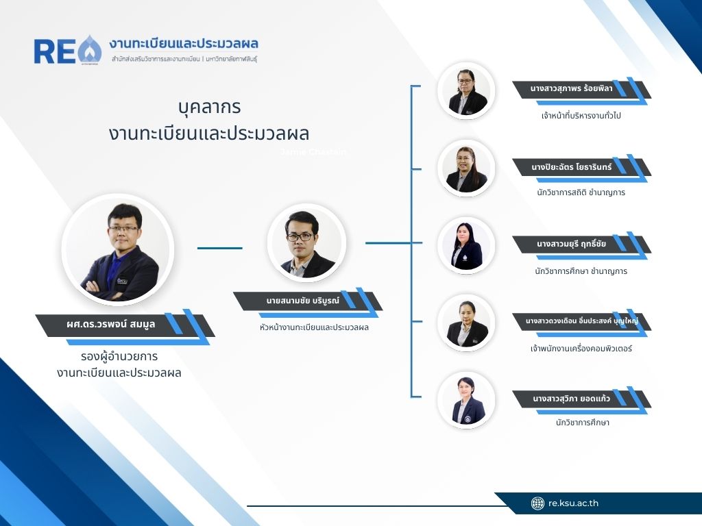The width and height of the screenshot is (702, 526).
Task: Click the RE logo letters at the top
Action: point(55,51)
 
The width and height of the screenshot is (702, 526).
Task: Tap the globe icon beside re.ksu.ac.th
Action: point(537,503)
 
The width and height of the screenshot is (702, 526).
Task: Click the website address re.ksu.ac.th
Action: point(573,503)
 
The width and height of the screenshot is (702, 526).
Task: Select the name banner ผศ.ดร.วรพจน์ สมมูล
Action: point(125,326)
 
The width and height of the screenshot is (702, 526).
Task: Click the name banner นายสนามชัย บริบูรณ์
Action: point(308,301)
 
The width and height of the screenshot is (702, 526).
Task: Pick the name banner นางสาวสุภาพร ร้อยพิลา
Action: point(581,90)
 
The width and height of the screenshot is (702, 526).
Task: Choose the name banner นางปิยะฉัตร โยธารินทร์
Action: point(581,168)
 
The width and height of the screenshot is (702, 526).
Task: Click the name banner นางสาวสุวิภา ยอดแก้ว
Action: point(581,399)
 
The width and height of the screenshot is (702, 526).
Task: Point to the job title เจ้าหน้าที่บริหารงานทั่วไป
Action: point(581,115)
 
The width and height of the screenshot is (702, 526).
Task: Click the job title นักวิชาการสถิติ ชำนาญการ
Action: point(581,192)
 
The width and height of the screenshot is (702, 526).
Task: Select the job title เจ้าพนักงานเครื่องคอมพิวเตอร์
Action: point(581,349)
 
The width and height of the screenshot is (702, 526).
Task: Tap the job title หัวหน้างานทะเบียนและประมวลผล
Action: point(314,327)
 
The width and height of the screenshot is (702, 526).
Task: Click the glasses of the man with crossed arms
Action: point(123,229)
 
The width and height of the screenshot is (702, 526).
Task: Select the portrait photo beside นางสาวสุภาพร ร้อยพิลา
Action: point(466,91)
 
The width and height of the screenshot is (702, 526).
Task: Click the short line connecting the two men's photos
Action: point(220,248)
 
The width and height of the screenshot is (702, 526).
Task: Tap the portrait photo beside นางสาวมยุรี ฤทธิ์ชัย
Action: point(466,246)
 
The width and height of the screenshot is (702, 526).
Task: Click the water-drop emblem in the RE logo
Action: point(90,49)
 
